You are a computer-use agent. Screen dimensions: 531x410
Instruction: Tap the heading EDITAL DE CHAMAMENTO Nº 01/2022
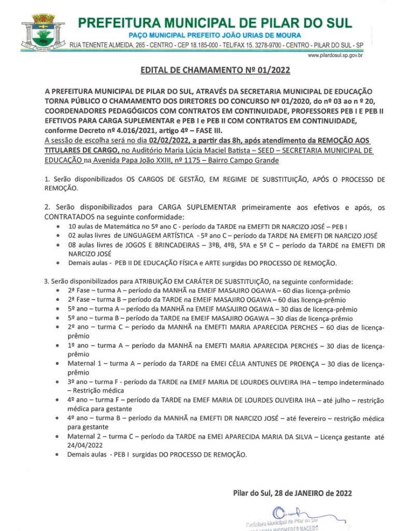215,71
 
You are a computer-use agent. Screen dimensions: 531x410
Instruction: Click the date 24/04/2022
85,445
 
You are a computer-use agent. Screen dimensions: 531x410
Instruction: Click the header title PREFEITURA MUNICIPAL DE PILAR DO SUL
215,23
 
